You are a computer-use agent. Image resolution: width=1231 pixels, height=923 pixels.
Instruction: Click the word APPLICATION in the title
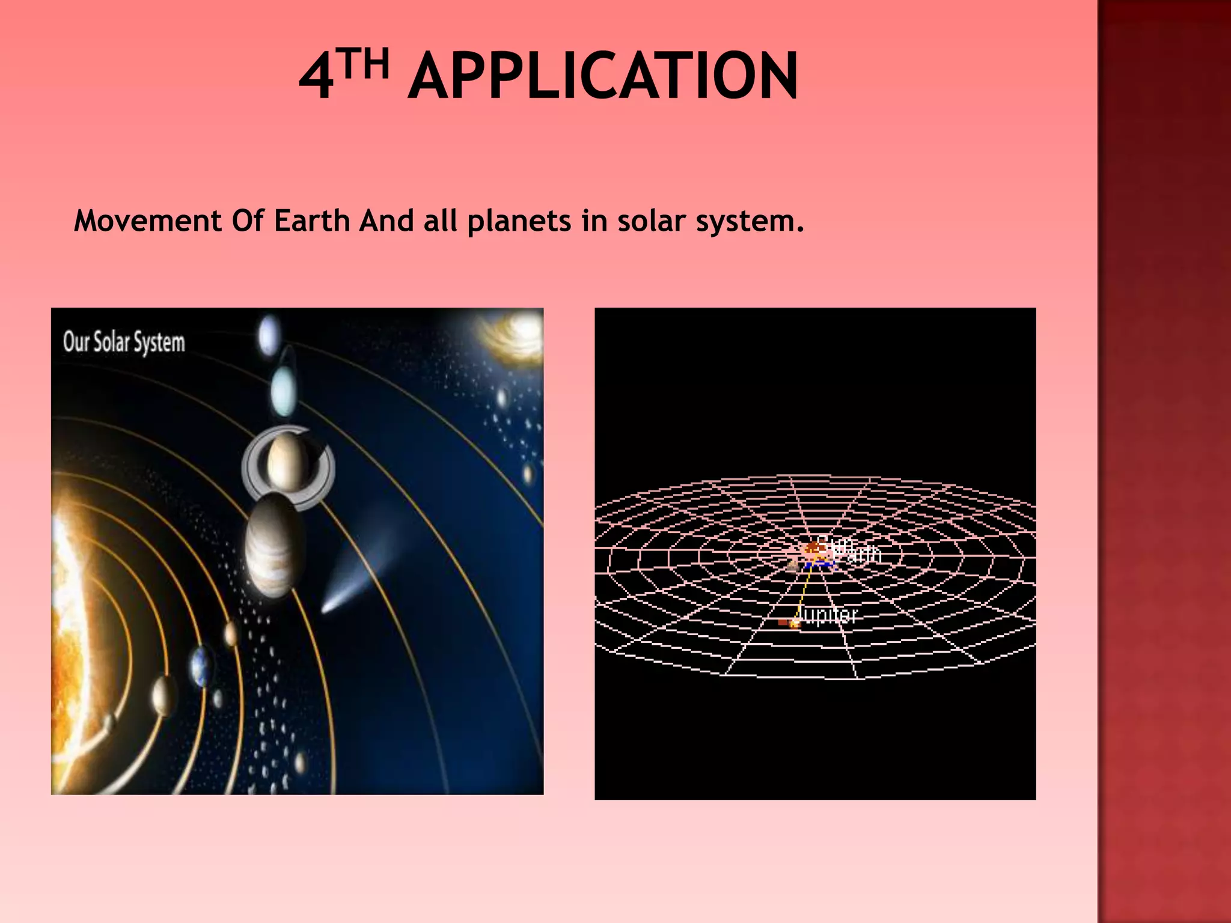point(603,76)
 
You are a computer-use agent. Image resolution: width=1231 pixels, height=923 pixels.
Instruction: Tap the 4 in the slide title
point(316,78)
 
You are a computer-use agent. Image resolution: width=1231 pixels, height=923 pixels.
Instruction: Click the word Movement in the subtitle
point(148,221)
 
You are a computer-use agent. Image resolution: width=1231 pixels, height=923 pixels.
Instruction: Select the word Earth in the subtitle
point(311,221)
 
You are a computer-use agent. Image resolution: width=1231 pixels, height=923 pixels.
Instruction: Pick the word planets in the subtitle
point(519,221)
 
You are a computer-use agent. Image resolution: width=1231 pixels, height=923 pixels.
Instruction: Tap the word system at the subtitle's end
point(749,222)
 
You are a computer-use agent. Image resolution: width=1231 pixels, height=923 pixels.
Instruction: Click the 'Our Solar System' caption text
point(124,342)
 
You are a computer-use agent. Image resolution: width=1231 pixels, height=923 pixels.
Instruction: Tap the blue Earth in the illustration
point(201,666)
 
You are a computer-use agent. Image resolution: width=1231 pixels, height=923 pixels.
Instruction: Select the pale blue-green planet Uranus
point(283,391)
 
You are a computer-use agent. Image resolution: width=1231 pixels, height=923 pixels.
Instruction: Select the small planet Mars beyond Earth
point(231,633)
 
